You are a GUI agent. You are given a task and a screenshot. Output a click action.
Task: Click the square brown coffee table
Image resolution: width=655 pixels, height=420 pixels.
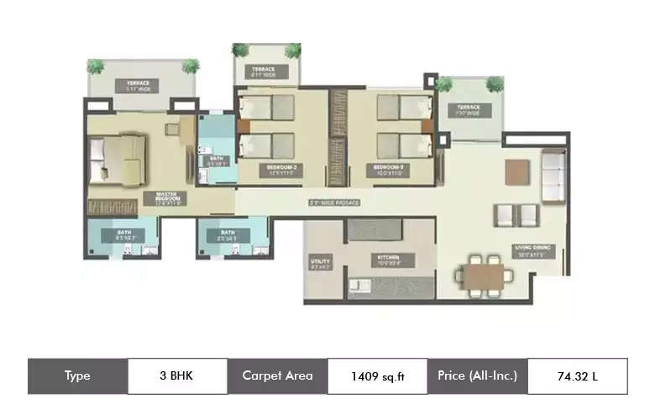(518, 171)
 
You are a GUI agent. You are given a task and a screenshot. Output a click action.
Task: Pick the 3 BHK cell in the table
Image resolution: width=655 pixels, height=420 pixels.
(177, 375)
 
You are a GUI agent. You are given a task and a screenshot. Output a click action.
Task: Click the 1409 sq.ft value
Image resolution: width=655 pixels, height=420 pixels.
(378, 376)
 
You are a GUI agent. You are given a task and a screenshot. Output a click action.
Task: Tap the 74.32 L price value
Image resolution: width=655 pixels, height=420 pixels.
(577, 376)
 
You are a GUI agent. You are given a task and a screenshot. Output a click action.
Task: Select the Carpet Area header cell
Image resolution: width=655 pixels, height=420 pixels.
(277, 375)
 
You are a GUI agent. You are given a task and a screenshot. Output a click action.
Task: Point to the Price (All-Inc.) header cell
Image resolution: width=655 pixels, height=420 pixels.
(477, 375)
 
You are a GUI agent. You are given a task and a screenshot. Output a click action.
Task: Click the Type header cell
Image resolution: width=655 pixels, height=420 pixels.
(77, 375)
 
